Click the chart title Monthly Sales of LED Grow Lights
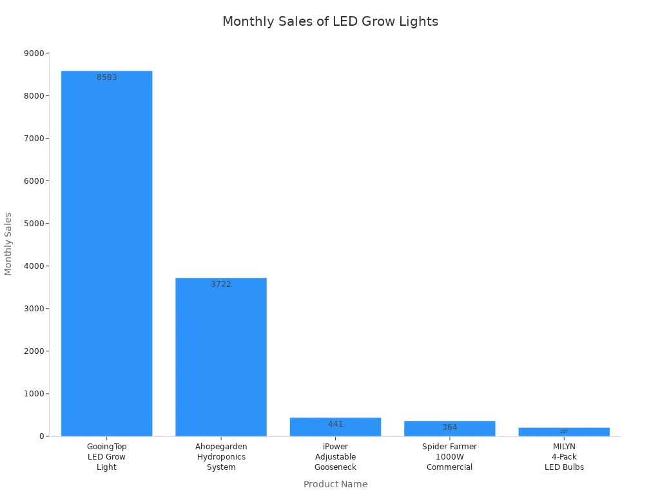(330, 21)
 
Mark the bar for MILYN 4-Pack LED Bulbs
(564, 432)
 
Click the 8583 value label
(107, 77)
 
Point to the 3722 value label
(221, 284)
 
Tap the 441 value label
(335, 424)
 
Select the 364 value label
(449, 427)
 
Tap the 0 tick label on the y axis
(41, 436)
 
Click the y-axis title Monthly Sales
(8, 244)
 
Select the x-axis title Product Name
(335, 484)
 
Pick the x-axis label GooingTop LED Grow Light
(106, 456)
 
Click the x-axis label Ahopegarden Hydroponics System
(221, 456)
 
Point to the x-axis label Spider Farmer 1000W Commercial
(449, 456)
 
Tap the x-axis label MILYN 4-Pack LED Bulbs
(564, 456)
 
